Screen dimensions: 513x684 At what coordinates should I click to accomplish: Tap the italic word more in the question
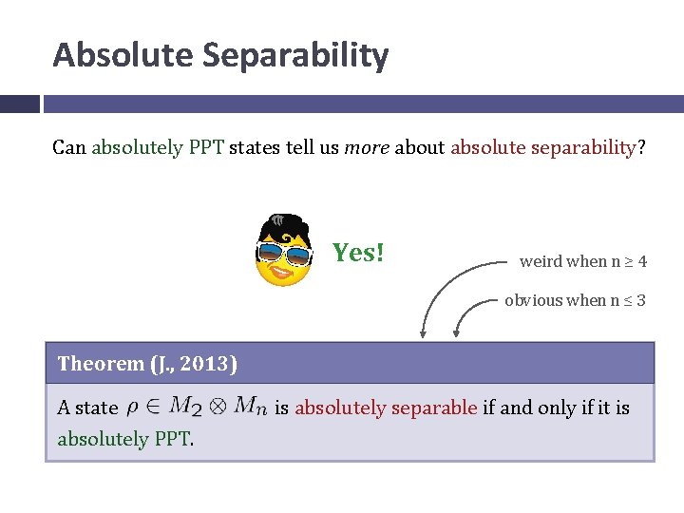pyautogui.click(x=367, y=148)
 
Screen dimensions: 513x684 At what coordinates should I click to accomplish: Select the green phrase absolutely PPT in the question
pyautogui.click(x=158, y=148)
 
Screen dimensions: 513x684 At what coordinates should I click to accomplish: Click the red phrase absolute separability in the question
pyautogui.click(x=541, y=148)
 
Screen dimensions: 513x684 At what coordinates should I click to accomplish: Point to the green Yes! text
pyautogui.click(x=358, y=253)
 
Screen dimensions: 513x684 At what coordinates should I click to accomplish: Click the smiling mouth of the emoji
pyautogui.click(x=283, y=273)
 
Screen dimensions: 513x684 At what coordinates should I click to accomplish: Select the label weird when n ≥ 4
pyautogui.click(x=583, y=261)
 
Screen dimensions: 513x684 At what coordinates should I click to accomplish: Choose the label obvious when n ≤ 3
pyautogui.click(x=575, y=300)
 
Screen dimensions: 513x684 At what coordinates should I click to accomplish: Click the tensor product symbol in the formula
pyautogui.click(x=218, y=408)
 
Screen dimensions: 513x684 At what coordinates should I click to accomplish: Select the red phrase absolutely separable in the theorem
pyautogui.click(x=386, y=408)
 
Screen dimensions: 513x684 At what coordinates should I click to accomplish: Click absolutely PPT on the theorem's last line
pyautogui.click(x=123, y=439)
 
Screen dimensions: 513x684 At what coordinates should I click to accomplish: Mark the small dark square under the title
pyautogui.click(x=20, y=103)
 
